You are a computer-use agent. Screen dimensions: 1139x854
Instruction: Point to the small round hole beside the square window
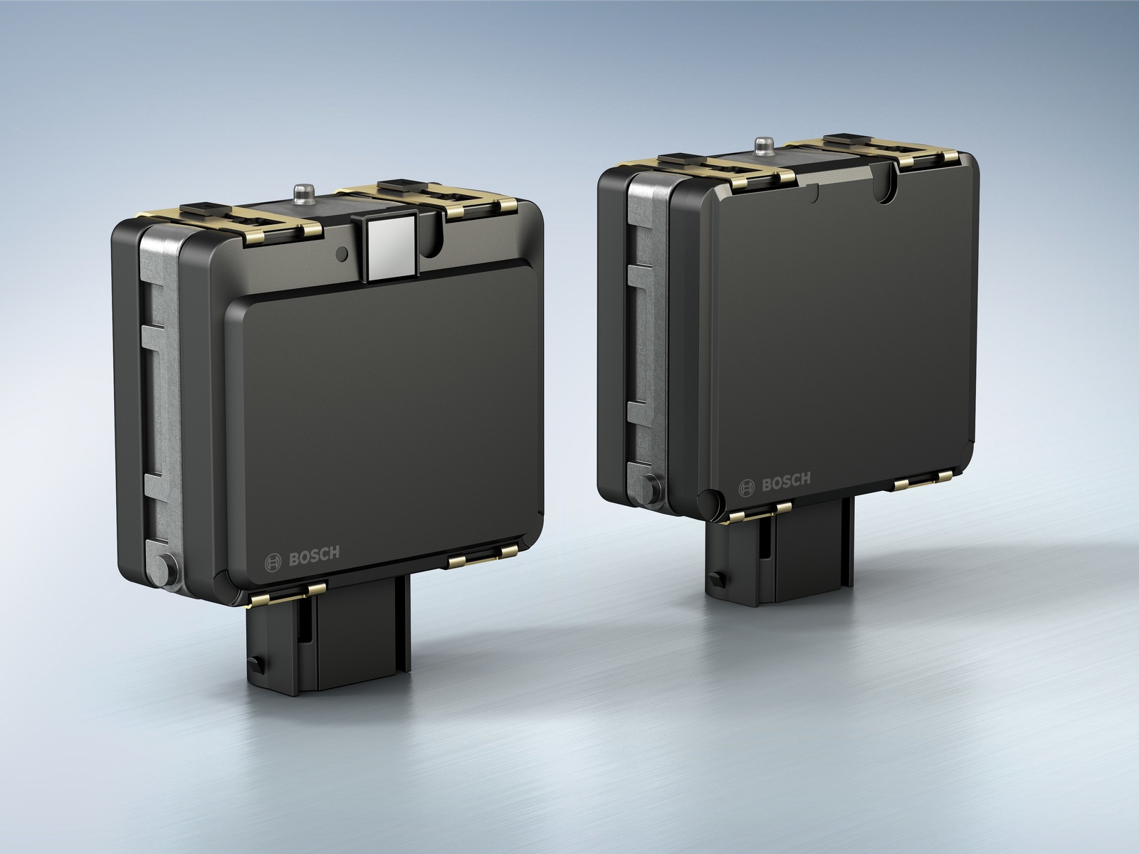(x=342, y=253)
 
